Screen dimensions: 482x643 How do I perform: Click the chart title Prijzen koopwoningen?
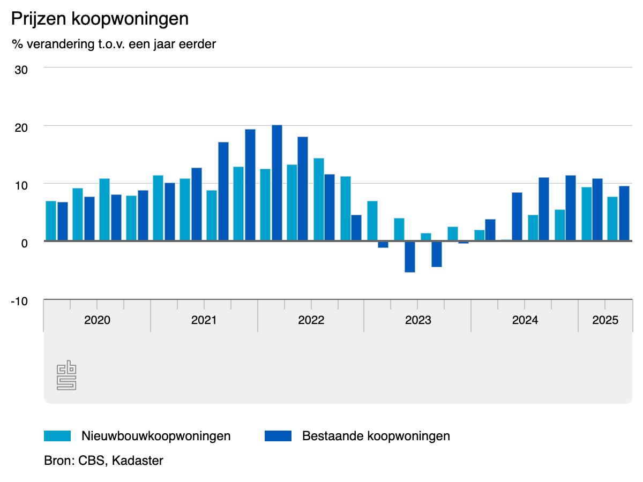100,19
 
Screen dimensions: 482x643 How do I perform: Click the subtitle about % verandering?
114,44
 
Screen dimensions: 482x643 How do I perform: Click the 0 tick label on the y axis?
24,243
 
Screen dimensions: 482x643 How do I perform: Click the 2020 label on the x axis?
97,321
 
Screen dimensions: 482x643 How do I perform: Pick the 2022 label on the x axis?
311,321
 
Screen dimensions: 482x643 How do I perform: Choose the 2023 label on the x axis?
418,321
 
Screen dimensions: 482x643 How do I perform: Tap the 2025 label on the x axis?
605,321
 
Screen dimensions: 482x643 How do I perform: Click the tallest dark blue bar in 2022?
277,183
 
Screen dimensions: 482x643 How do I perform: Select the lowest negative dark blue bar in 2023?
410,257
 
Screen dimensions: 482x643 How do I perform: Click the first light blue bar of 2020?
51,221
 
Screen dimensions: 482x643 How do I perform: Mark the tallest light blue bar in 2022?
319,199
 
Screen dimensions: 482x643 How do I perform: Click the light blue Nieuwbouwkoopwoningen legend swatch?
57,436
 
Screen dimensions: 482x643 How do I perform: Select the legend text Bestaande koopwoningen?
376,436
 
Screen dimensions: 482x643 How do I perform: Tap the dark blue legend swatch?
278,436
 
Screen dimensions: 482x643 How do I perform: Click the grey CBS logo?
66,376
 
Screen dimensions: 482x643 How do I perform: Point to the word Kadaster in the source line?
138,461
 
